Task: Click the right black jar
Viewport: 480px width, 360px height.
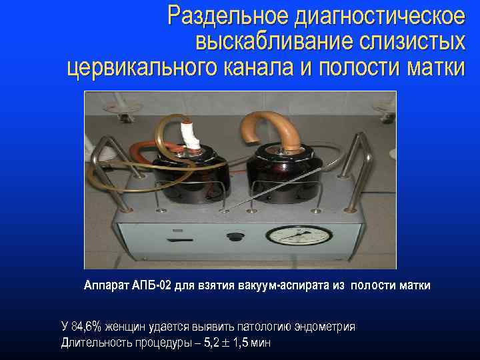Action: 281,170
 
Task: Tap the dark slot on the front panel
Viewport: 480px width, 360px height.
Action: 176,239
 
